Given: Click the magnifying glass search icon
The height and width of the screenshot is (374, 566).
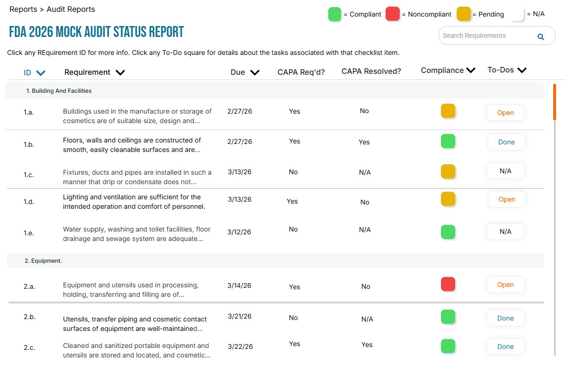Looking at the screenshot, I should (x=540, y=36).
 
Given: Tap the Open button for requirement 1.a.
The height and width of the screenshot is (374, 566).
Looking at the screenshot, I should (x=505, y=113).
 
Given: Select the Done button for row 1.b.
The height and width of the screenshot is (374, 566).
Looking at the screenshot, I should (x=506, y=142).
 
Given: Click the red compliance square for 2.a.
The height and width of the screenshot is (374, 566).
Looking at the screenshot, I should (x=448, y=284).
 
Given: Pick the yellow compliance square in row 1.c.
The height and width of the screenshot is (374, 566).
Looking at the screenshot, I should (x=448, y=171).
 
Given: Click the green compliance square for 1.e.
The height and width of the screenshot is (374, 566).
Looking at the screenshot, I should (x=448, y=232).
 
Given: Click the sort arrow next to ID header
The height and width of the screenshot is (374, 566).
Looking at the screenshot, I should (x=41, y=73).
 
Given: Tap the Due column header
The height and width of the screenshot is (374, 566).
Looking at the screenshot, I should (x=238, y=72).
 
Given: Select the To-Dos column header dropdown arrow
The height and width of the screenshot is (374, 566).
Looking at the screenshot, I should (x=522, y=71).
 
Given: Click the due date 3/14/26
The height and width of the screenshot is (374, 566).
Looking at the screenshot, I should (x=239, y=285).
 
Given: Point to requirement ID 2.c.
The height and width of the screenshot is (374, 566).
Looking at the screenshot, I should (x=29, y=348).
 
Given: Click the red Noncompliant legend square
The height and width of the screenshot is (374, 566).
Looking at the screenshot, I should (x=393, y=14).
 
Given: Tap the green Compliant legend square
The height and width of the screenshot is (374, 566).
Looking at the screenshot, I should (x=335, y=14).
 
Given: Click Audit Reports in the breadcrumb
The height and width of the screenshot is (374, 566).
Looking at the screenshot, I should (x=71, y=9).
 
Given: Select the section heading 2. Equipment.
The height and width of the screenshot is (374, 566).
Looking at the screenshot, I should (x=43, y=260).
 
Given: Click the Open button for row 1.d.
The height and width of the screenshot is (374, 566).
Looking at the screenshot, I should (x=507, y=199).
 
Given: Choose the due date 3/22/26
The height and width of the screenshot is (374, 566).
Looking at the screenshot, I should (x=240, y=347).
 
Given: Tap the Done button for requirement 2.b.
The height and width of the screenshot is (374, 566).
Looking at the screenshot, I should (x=505, y=318).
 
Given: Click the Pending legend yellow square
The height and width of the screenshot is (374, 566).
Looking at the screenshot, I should (x=464, y=14).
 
